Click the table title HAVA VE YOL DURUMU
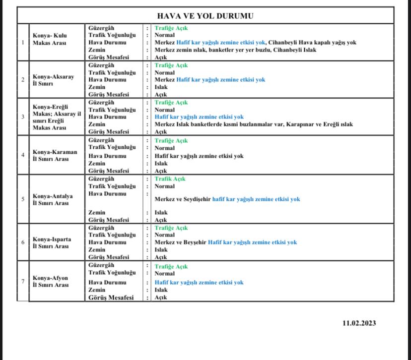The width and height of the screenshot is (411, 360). [205, 16]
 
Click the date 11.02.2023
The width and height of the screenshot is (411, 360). [359, 323]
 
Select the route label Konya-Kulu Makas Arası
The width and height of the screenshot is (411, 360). [50, 39]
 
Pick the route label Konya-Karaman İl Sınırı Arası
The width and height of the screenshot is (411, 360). [55, 155]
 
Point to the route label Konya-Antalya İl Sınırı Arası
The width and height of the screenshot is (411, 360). [53, 199]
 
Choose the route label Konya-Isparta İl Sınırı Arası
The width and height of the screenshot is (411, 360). [52, 242]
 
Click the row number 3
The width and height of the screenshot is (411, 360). [23, 117]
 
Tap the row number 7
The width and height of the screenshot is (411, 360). [23, 282]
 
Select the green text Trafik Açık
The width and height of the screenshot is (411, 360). [170, 179]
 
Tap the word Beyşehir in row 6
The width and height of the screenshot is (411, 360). [191, 242]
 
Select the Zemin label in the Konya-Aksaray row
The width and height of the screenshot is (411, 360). [97, 87]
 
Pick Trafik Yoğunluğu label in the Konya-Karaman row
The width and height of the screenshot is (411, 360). [112, 148]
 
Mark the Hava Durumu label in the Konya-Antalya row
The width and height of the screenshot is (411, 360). [107, 194]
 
